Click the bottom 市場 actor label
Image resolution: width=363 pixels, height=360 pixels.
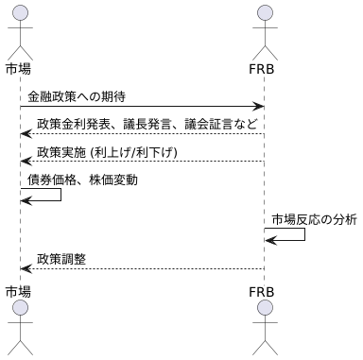pyautogui.click(x=18, y=289)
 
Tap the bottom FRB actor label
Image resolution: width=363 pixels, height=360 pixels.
pyautogui.click(x=265, y=289)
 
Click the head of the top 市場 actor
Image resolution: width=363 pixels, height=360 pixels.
pyautogui.click(x=19, y=12)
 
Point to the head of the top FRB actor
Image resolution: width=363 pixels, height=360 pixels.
pyautogui.click(x=265, y=12)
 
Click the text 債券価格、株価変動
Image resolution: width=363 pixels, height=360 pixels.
pyautogui.click(x=82, y=179)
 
